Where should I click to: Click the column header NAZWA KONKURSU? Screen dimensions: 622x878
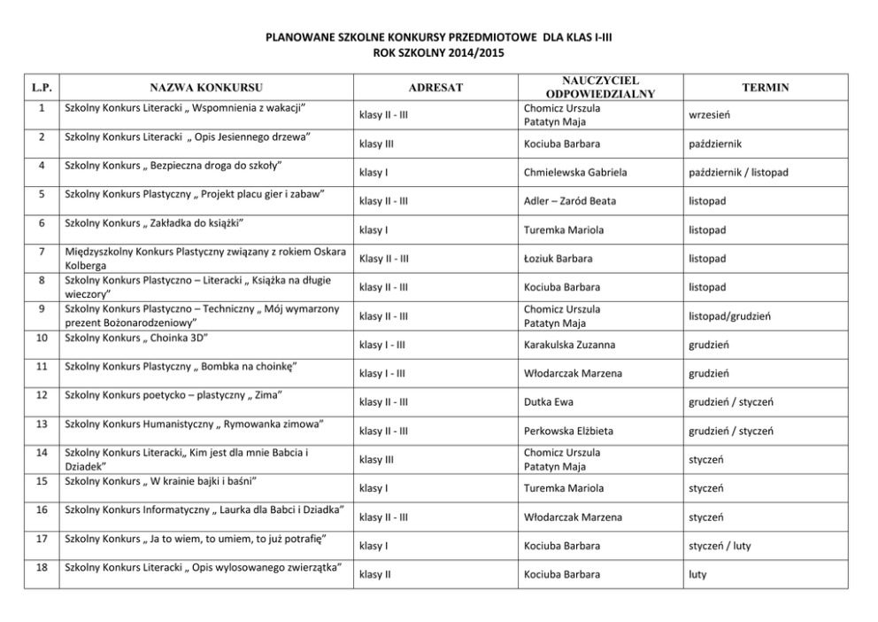205,88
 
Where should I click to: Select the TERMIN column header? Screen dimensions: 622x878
766,88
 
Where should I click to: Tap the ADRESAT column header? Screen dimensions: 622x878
435,88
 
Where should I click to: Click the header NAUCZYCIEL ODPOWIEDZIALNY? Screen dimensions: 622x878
599,87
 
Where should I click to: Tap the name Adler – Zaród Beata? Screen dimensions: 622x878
570,201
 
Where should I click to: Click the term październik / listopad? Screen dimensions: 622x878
738,172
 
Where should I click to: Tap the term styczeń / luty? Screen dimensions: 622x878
720,546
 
